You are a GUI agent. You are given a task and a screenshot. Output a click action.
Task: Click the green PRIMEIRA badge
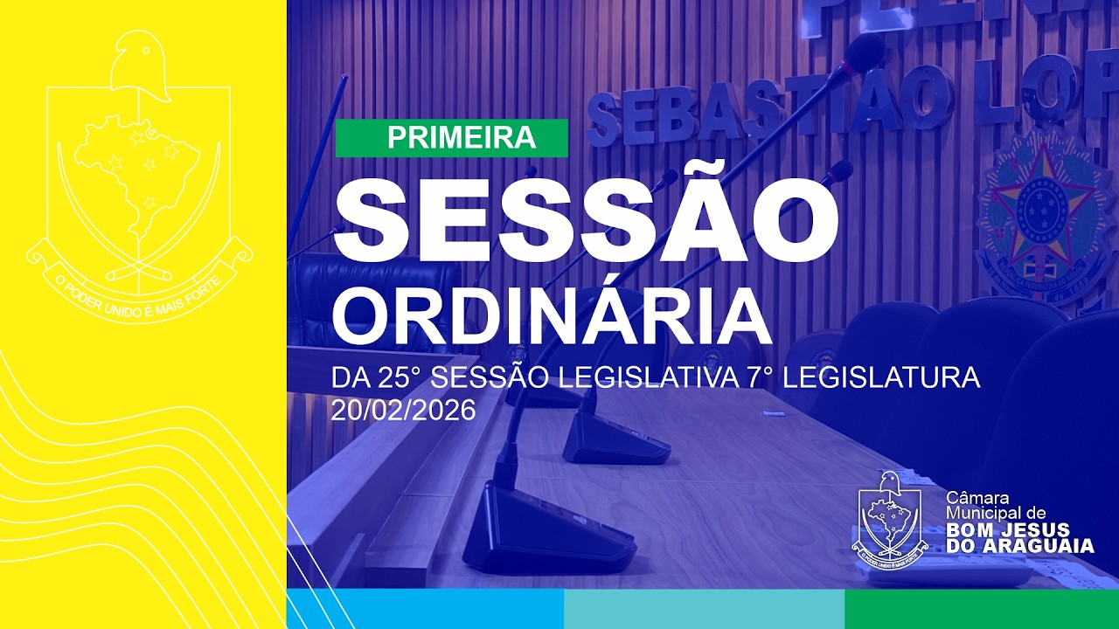coord(451,138)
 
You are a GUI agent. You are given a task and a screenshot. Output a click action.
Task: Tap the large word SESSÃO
coord(585,224)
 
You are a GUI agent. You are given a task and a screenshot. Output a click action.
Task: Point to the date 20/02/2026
coord(403,410)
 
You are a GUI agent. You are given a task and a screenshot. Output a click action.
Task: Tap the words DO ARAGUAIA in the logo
coord(1019,546)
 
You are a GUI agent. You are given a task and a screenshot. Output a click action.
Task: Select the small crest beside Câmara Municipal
coord(890,521)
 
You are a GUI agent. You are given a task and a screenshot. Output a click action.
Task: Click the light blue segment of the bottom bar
coord(425,609)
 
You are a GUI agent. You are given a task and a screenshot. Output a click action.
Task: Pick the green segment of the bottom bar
coord(981,609)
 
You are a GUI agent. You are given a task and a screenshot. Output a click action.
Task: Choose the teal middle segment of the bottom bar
coord(704,609)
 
